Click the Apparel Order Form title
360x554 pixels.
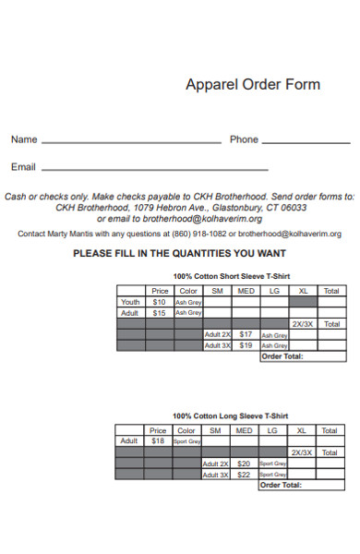tap(253, 85)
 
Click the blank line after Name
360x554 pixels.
tap(131, 143)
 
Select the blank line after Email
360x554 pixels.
tap(155, 170)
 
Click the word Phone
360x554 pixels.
tap(244, 139)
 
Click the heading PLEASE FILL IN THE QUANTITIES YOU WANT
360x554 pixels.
tap(179, 253)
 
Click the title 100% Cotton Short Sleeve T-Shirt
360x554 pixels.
tap(231, 276)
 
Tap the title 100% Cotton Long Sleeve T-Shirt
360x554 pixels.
tap(231, 415)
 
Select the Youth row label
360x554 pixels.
tap(130, 302)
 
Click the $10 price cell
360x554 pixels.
tap(159, 302)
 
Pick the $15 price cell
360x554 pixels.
tap(159, 313)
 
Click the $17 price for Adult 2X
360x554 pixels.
tap(246, 334)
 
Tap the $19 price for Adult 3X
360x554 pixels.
tap(246, 345)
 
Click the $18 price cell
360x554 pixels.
tap(159, 441)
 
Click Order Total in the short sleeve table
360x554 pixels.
tap(282, 355)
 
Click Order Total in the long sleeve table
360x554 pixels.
tap(282, 484)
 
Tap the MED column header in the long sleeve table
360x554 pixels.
tap(245, 430)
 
